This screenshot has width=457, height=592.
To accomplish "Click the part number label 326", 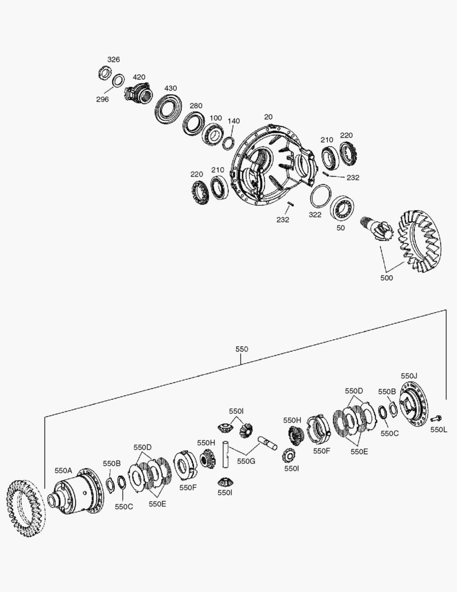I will click(x=113, y=59).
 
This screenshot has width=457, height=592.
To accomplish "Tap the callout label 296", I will click(x=102, y=99).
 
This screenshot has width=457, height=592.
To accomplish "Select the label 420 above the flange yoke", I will click(x=139, y=77).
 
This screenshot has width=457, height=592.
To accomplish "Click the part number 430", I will click(x=171, y=88).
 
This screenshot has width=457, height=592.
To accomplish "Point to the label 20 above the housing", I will click(x=268, y=117).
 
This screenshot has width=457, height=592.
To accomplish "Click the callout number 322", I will click(x=315, y=215).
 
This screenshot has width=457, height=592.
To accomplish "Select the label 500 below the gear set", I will click(x=386, y=278).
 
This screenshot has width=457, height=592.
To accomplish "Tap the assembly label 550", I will click(x=241, y=349).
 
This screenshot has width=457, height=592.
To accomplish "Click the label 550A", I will click(x=63, y=470).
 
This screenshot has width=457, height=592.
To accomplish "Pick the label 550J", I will click(x=409, y=375).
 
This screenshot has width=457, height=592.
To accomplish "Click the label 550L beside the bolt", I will click(x=439, y=430).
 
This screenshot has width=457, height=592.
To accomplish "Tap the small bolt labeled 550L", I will click(x=436, y=418).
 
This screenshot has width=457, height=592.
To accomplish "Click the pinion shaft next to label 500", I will click(x=376, y=227).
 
